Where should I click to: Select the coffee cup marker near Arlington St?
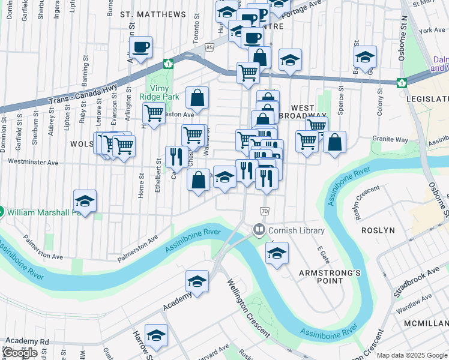(x=140, y=48)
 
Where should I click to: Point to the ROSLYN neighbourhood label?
(x=378, y=230)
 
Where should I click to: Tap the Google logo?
(x=20, y=353)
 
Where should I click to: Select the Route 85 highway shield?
(x=209, y=47)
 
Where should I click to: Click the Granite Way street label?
(x=390, y=139)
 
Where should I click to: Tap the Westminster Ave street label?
(x=37, y=163)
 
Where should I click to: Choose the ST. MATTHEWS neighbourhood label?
(x=153, y=14)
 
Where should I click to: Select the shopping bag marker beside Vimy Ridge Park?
(x=197, y=97)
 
